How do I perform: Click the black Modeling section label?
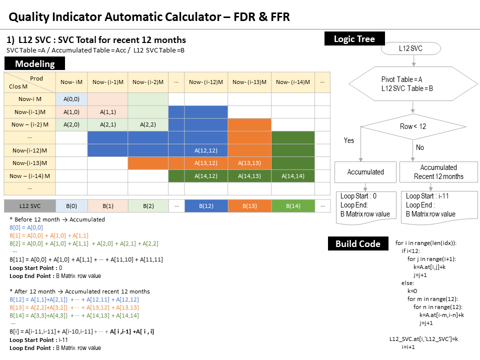click(x=35, y=64)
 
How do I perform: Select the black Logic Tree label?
click(x=354, y=38)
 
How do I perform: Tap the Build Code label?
click(x=358, y=243)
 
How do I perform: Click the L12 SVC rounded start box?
click(x=411, y=48)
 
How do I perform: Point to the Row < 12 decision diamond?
click(x=412, y=126)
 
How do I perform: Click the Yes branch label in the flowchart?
click(x=349, y=140)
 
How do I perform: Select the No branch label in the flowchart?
click(x=420, y=147)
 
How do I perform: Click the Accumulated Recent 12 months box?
click(x=438, y=172)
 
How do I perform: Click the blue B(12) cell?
click(x=206, y=206)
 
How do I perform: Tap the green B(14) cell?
click(x=293, y=206)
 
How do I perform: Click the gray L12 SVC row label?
click(x=29, y=206)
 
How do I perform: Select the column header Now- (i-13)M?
click(x=249, y=82)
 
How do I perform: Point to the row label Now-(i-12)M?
click(x=29, y=150)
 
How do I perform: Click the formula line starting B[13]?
click(x=74, y=307)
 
